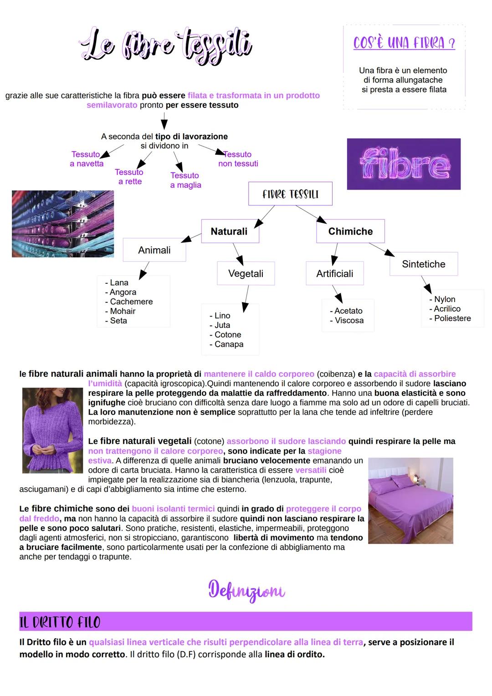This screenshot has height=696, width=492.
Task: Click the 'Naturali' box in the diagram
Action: click(x=230, y=231)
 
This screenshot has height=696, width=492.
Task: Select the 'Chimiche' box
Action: click(x=350, y=231)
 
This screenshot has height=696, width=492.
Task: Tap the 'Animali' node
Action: click(x=154, y=250)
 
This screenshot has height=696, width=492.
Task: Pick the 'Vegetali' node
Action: click(x=246, y=273)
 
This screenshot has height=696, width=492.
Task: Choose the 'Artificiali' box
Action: click(x=335, y=273)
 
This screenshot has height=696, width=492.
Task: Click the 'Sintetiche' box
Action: click(x=424, y=264)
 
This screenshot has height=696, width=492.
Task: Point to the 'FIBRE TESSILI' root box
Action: click(x=290, y=194)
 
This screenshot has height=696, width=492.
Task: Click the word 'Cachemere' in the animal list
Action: click(x=131, y=302)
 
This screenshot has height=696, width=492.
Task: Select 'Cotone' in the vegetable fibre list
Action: click(x=228, y=335)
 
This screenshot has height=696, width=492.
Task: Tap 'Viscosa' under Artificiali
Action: click(x=349, y=321)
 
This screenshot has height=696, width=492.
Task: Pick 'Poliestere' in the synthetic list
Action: click(x=452, y=318)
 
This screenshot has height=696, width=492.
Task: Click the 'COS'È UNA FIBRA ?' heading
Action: click(x=404, y=43)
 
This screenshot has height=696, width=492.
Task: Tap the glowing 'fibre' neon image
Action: click(x=404, y=164)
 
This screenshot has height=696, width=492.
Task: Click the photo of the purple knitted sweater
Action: click(x=52, y=430)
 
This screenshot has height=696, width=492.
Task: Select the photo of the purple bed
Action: click(x=410, y=500)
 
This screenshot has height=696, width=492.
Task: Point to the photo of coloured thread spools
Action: click(x=63, y=224)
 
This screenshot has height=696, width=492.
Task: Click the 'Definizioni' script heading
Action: click(x=246, y=591)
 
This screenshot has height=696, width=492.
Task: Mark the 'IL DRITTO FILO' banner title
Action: click(x=60, y=622)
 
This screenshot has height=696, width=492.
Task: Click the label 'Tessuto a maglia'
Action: click(x=185, y=180)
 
